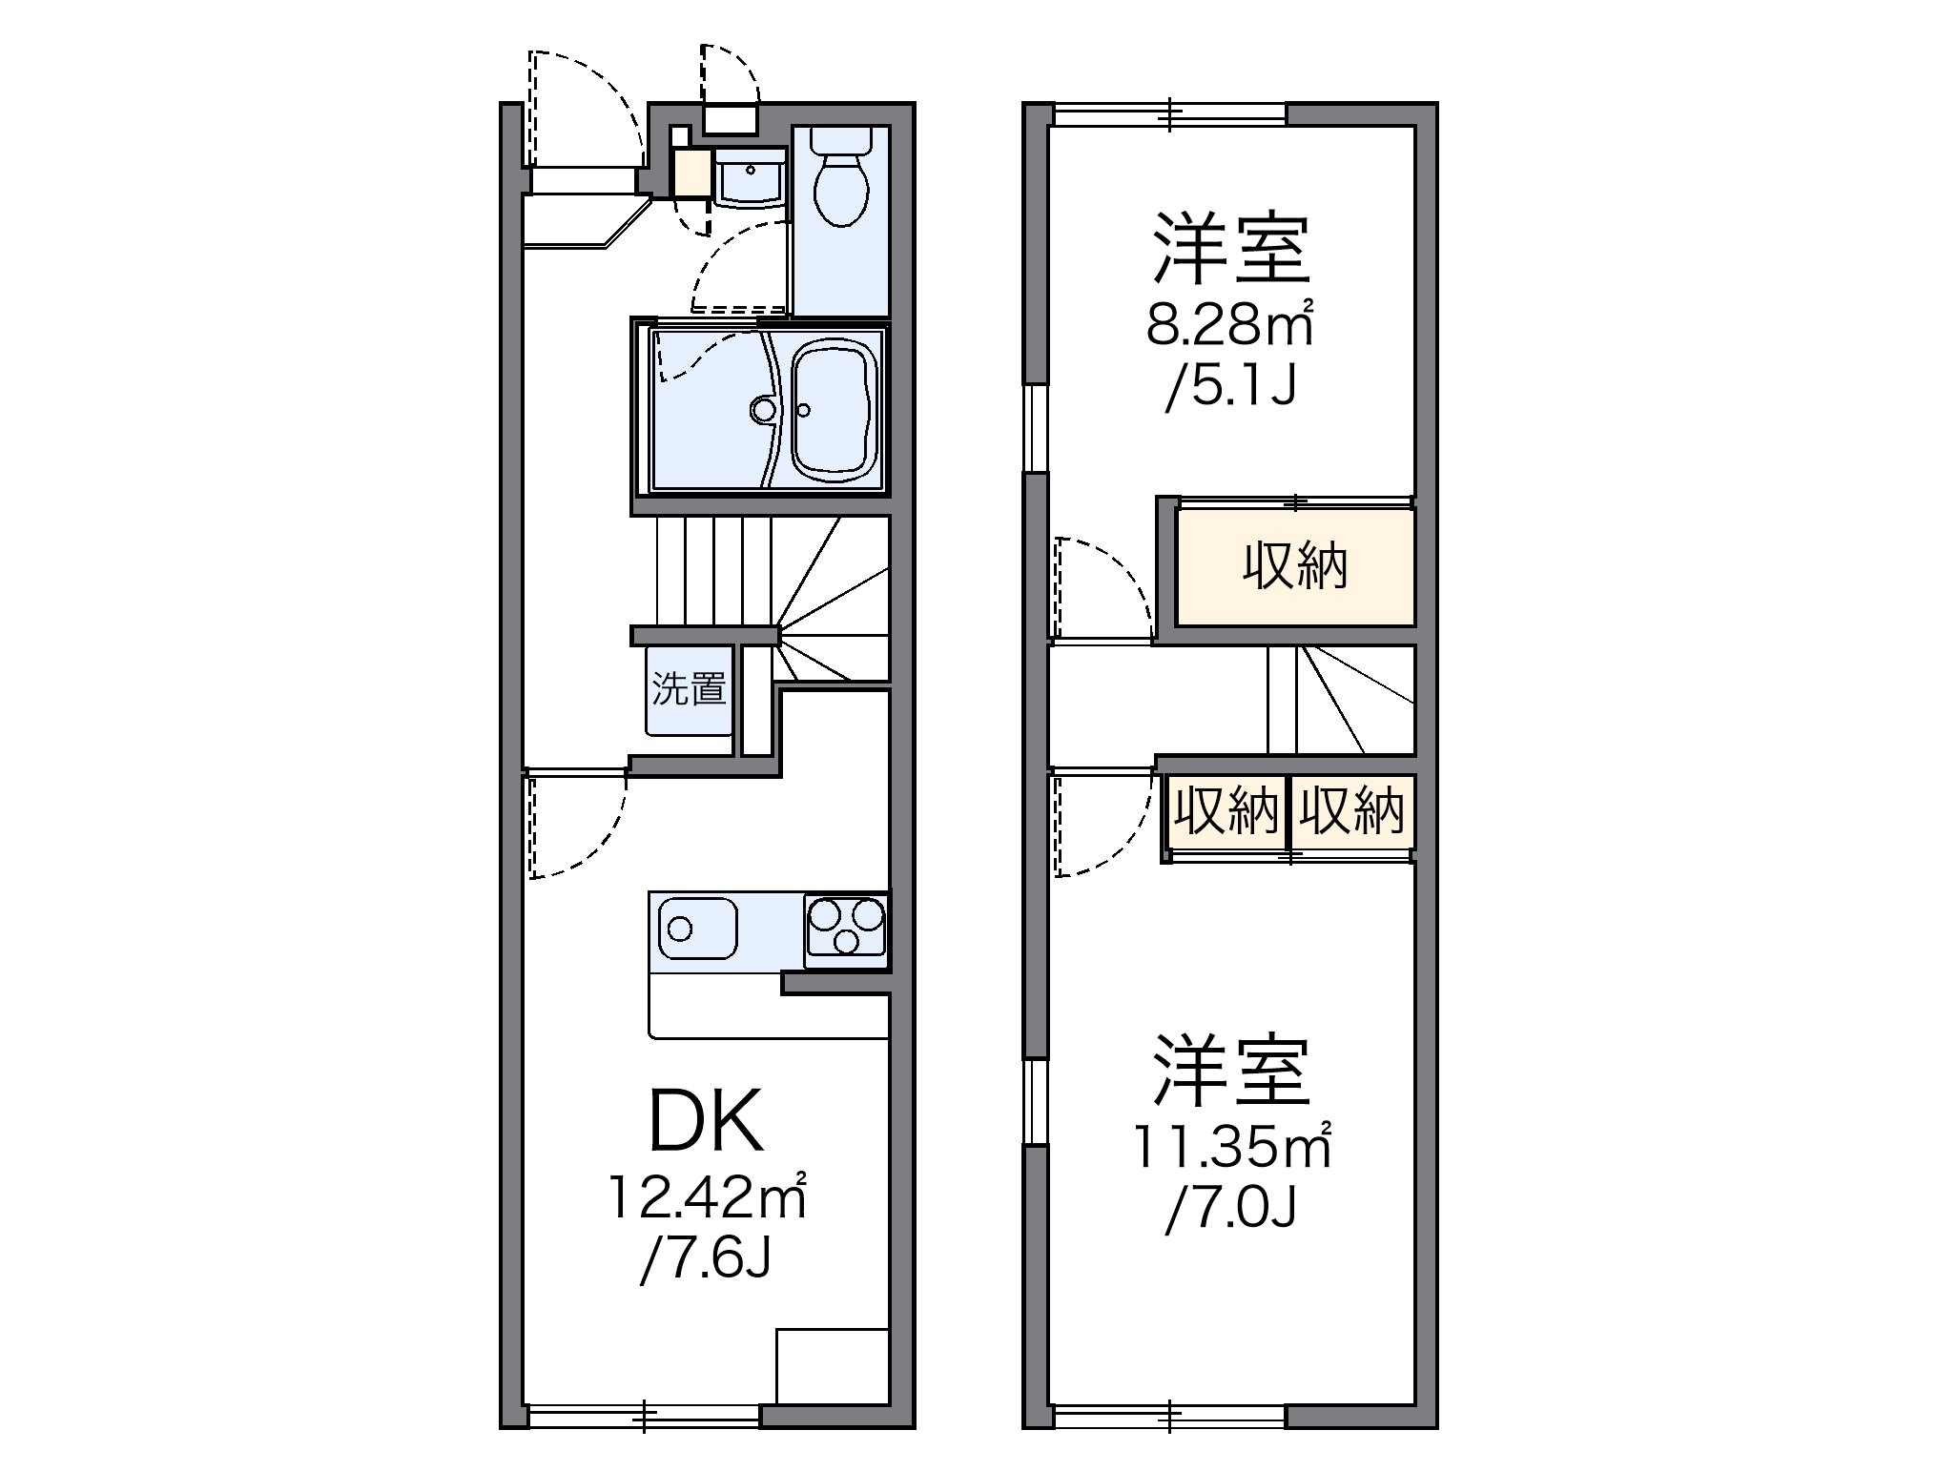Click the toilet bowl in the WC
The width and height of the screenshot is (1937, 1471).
840,189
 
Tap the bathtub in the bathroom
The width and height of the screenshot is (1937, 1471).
833,410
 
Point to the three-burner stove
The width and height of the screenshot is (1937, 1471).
846,925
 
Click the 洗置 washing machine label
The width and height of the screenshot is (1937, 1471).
690,688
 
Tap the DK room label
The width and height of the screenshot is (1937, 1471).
706,1122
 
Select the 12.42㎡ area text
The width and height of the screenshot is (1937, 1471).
708,1198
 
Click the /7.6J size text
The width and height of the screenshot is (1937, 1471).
706,1260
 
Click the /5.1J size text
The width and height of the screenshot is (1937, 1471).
1230,388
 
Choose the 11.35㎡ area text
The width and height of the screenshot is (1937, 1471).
1230,1147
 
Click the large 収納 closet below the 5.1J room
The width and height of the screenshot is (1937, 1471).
1294,567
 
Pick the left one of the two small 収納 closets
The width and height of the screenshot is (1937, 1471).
1226,811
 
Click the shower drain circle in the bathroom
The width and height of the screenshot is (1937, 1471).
763,410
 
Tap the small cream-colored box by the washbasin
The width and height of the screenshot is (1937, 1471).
691,173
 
